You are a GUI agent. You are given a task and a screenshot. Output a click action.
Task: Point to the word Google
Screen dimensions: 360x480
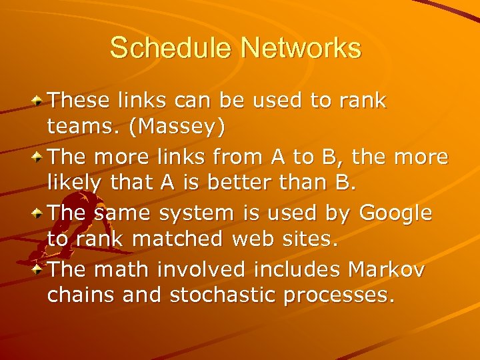pos(395,214)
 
